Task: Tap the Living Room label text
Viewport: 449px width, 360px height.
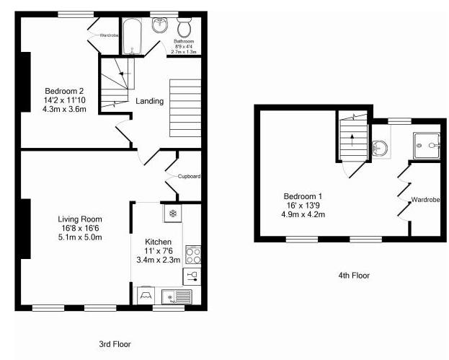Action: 80,219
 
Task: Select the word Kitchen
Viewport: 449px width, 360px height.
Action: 158,241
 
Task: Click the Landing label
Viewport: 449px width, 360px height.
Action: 149,101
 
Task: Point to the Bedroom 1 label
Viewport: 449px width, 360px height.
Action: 303,196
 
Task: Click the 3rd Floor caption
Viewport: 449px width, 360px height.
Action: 115,344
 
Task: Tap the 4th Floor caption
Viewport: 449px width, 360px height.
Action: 354,275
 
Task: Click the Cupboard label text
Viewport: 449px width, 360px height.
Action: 189,176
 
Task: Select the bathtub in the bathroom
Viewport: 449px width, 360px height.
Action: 133,36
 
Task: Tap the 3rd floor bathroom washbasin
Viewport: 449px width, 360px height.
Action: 160,27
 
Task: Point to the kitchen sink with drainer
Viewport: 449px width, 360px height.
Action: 176,296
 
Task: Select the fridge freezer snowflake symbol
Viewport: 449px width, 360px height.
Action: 173,213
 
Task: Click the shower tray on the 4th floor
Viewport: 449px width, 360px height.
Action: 426,146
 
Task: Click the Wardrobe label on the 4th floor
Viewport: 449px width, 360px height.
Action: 424,200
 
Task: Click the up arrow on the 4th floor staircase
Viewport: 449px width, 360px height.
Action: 352,139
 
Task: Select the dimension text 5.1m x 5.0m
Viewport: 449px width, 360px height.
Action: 80,237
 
